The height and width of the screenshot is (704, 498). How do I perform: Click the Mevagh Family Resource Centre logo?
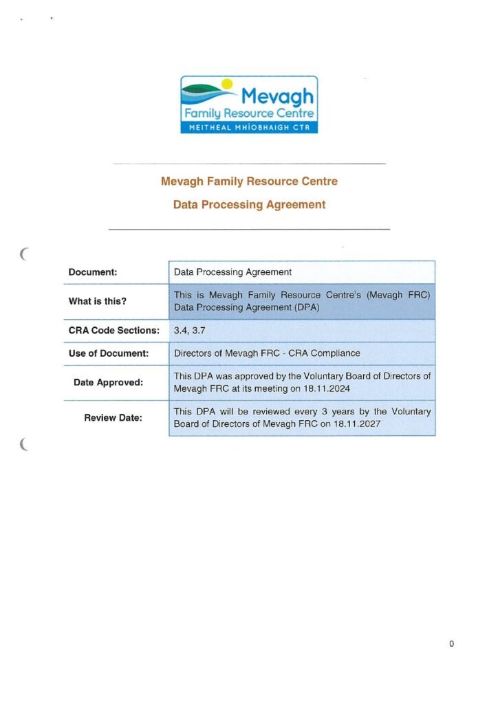249,104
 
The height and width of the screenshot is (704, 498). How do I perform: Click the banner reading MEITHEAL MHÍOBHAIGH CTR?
249,127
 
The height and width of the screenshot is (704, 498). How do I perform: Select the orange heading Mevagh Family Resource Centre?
249,182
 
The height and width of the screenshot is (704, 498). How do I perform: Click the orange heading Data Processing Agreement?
249,205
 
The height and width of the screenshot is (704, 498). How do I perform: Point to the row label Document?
93,272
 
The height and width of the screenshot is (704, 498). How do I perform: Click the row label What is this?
98,301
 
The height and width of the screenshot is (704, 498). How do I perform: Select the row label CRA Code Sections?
114,330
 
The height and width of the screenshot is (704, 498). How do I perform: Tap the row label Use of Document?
109,353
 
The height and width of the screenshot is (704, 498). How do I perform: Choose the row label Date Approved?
109,382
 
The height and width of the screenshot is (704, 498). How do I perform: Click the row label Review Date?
113,417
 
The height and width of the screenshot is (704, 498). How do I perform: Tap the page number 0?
451,644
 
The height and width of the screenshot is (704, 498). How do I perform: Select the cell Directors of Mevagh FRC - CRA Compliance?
267,353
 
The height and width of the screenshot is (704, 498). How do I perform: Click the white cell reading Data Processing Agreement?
233,272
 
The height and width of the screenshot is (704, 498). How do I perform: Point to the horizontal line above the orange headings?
249,164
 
